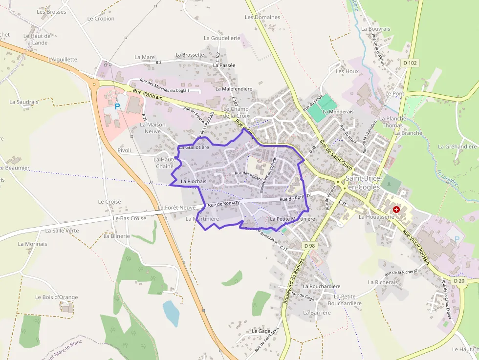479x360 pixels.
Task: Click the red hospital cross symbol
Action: tap(396, 209)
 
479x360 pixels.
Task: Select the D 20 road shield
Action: tap(458, 281)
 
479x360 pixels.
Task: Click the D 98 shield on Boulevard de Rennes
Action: tap(308, 245)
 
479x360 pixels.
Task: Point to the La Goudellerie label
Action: tap(222, 38)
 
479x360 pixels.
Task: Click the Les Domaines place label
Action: tap(262, 17)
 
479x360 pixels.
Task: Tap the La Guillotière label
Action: tap(194, 147)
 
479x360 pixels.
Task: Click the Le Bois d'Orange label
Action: tap(57, 297)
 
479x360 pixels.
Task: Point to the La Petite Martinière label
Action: tap(292, 219)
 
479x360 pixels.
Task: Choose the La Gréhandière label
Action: tap(457, 147)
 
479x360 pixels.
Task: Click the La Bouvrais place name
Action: tap(375, 29)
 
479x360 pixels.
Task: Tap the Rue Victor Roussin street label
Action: tap(415, 246)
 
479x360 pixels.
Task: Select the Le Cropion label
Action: tap(101, 19)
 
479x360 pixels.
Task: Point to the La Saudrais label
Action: tap(23, 102)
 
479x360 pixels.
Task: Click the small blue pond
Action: tap(171, 313)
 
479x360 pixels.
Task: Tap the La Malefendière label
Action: tap(234, 89)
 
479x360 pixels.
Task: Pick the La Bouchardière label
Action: tap(321, 286)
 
